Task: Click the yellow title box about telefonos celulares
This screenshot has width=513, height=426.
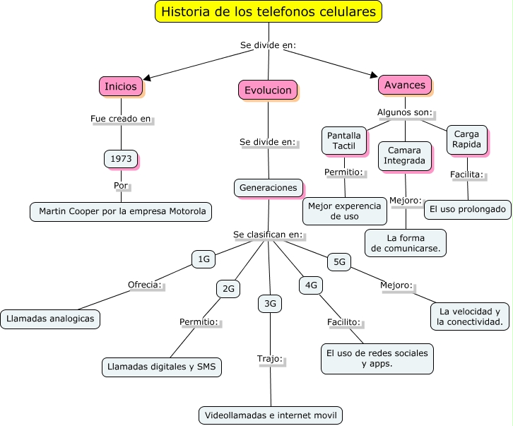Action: tap(269, 12)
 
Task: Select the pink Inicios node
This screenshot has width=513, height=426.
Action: tap(121, 86)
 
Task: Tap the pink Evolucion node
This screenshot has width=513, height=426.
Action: tap(268, 90)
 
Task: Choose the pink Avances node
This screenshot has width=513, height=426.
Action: tap(404, 85)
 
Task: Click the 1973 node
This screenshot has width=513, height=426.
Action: tap(121, 159)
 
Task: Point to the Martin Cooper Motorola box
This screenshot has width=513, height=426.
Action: tap(122, 211)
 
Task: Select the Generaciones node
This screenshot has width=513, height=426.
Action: tap(268, 188)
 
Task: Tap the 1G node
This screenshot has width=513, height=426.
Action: tap(204, 259)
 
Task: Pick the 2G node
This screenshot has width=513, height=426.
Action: tap(228, 288)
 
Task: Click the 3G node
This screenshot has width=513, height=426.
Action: tap(270, 304)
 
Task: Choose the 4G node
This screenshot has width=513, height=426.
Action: tap(311, 285)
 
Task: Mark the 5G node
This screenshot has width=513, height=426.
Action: tap(339, 262)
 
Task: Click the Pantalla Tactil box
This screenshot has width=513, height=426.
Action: tap(344, 141)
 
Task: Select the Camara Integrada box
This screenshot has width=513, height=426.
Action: tap(404, 155)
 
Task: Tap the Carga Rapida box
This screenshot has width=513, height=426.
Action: tap(466, 139)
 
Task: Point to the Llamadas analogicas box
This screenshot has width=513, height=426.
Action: tap(49, 319)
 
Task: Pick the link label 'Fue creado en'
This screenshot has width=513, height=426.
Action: tap(121, 119)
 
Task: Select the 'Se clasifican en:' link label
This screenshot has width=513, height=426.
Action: tap(268, 234)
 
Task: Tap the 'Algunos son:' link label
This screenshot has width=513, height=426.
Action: tap(404, 112)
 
